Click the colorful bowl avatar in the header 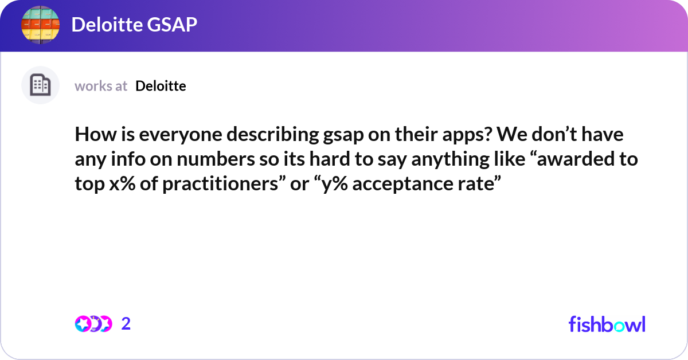(x=40, y=25)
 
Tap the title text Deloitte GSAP (x=134, y=25)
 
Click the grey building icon (x=40, y=85)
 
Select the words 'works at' (x=101, y=86)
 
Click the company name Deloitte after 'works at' (x=161, y=86)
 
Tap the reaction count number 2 (x=126, y=324)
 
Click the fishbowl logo (x=607, y=324)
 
